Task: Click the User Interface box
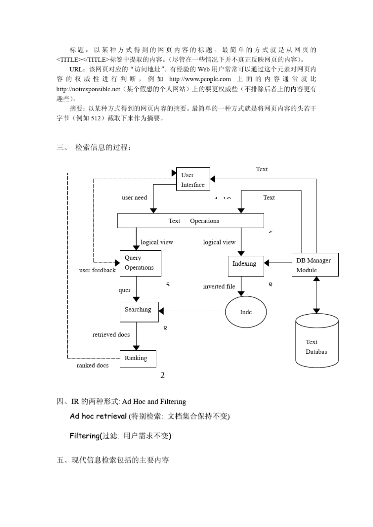(x=193, y=179)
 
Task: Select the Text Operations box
(x=190, y=221)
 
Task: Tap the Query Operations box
(x=140, y=263)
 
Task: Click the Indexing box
(x=246, y=266)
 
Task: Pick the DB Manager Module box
(x=314, y=265)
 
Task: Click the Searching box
(x=139, y=311)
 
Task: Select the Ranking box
(x=138, y=359)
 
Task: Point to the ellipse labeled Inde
(x=246, y=312)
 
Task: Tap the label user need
(x=134, y=197)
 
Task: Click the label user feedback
(x=97, y=270)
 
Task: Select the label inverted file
(x=219, y=286)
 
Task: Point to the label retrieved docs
(x=111, y=335)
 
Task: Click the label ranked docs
(x=93, y=365)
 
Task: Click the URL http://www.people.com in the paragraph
(x=200, y=79)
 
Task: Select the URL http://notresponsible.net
(x=88, y=89)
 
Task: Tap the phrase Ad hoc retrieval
(x=98, y=416)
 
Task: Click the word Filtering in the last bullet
(x=84, y=436)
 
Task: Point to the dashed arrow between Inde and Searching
(x=194, y=311)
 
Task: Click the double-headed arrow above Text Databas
(x=316, y=295)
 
